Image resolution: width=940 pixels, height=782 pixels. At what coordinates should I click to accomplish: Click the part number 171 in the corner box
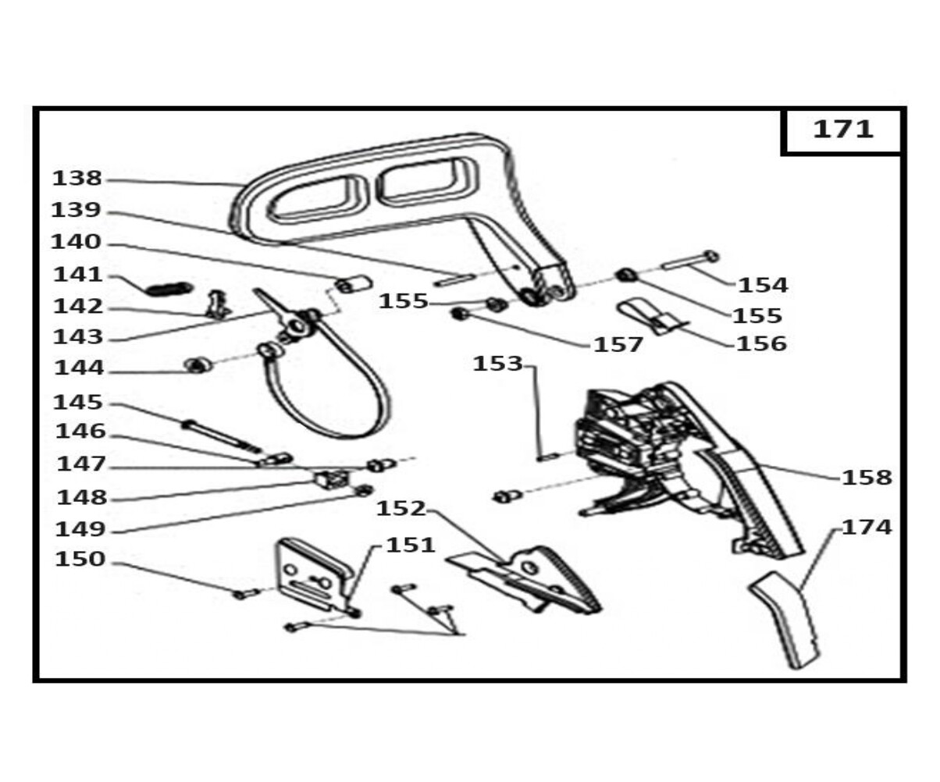843,130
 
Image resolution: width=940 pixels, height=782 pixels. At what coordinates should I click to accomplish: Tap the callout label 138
77,179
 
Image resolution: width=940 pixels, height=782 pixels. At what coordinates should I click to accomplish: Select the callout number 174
867,528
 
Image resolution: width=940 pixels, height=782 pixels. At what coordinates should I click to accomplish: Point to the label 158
867,478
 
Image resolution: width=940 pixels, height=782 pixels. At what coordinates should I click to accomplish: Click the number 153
497,364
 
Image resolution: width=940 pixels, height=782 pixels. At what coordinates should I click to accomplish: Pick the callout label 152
401,509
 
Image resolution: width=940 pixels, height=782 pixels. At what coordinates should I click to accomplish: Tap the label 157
618,344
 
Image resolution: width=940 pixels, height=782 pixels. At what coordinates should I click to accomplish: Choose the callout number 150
79,560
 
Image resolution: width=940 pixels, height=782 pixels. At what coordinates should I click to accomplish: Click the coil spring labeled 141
169,289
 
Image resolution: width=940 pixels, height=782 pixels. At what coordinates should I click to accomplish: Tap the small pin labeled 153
545,457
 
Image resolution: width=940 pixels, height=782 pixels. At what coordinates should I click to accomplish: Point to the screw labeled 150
244,595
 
